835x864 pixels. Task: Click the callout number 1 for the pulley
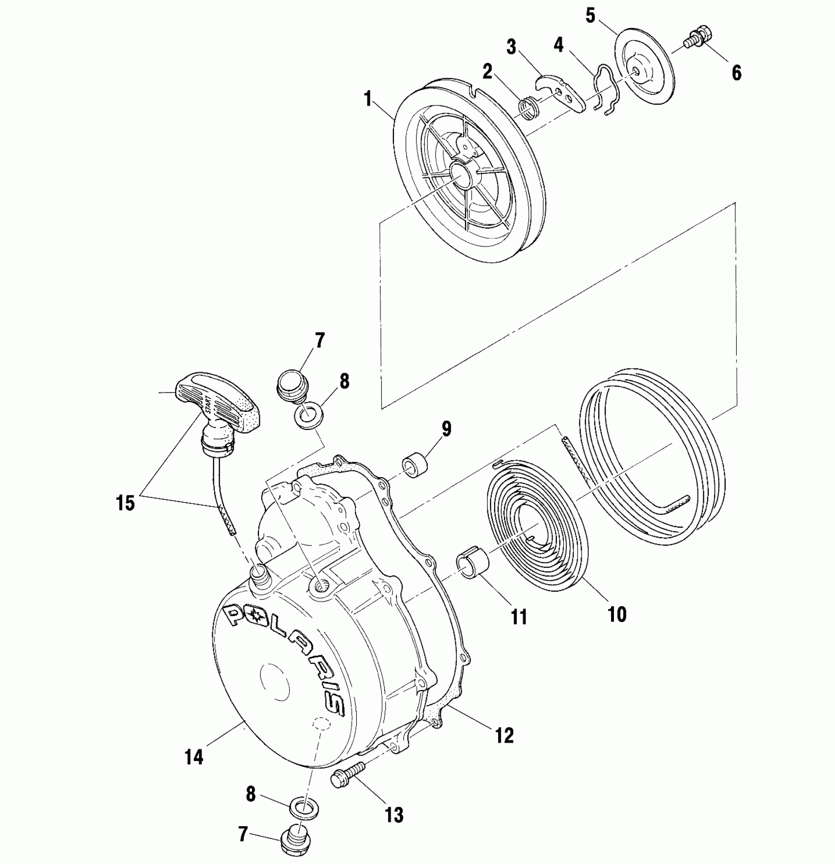tap(367, 100)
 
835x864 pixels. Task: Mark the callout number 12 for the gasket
tap(504, 735)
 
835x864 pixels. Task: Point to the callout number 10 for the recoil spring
tap(617, 613)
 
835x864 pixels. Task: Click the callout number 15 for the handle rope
tap(126, 503)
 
